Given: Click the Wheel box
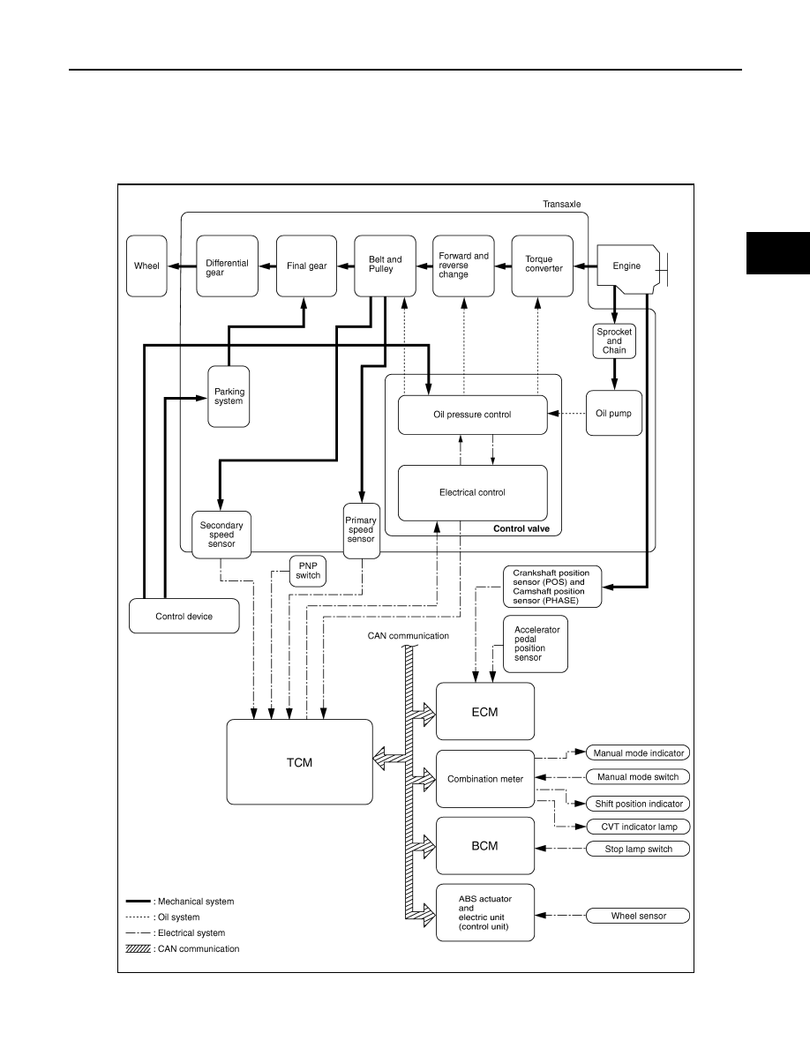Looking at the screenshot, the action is point(146,266).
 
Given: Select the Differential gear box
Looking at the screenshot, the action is point(228,266).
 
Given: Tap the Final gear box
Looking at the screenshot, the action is point(307,266).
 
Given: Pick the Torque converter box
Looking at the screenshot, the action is point(543,266).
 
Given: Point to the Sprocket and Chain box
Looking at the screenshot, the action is point(614,341).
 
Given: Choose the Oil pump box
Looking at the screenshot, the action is point(614,413).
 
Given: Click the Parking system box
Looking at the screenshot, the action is point(229,396).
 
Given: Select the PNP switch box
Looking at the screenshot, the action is point(308,571).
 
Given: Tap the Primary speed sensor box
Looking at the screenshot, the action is point(361,531).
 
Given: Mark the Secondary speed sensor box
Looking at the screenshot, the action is point(221,534).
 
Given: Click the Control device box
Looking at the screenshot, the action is point(184,616).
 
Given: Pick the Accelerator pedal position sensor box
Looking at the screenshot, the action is point(536,644).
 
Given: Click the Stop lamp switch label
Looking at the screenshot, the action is point(638,849).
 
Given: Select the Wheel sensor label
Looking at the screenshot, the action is point(638,916).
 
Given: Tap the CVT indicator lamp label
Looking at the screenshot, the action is point(638,827).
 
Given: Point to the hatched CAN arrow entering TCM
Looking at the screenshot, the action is point(389,759).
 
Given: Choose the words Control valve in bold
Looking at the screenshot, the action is point(521,528).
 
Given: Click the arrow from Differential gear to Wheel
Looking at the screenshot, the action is point(182,266).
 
